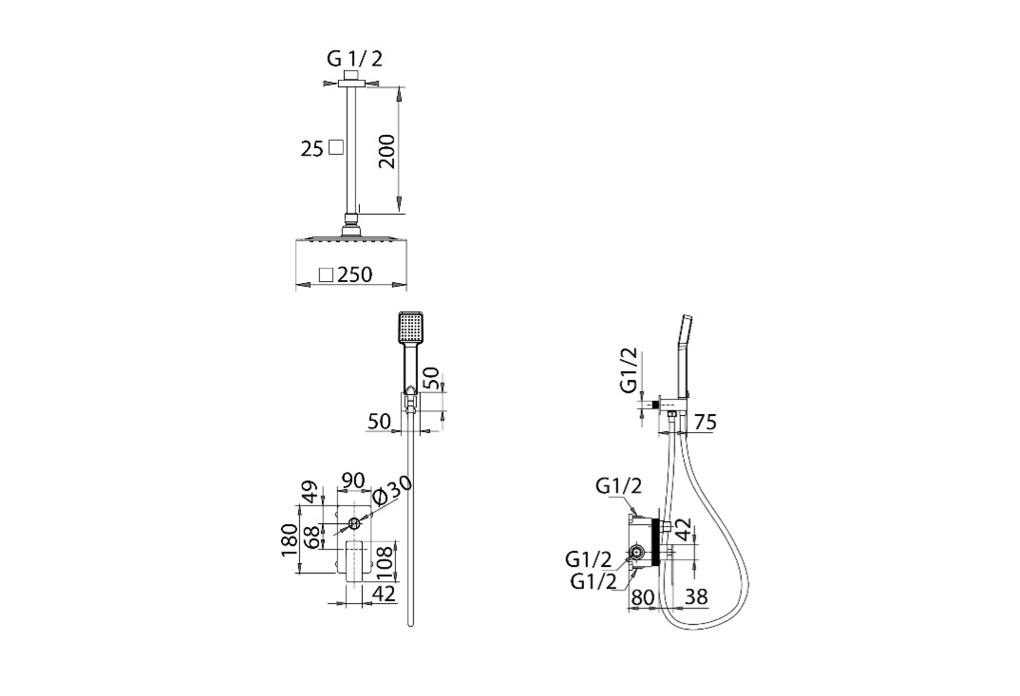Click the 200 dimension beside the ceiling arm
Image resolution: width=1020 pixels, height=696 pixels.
387,151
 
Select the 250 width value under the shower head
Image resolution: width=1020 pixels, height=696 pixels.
355,274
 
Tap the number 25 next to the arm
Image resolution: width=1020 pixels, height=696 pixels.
312,149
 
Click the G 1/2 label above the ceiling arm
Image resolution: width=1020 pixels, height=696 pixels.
354,59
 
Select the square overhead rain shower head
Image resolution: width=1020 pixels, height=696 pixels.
352,238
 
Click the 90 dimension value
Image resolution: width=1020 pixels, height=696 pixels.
352,480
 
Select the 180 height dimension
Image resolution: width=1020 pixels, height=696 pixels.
290,539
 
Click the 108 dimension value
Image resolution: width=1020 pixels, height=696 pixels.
385,563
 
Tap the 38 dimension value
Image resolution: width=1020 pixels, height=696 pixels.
696,596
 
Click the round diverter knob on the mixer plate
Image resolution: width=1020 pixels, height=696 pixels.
354,523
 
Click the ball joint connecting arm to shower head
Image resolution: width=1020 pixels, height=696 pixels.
352,227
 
